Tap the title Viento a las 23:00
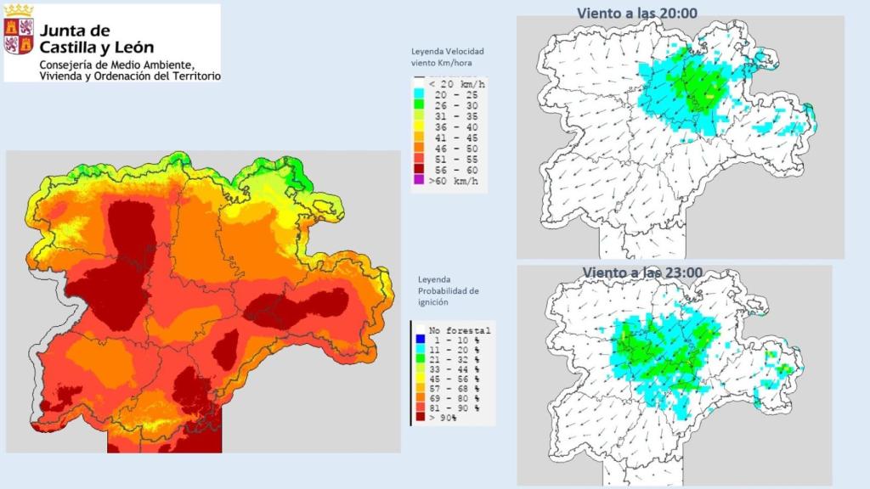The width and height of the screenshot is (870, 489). (x=643, y=271)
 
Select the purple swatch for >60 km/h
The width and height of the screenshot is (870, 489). (x=419, y=181)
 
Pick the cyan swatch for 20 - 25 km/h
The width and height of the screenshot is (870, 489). (x=419, y=96)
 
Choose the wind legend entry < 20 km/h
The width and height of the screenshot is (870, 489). (x=455, y=84)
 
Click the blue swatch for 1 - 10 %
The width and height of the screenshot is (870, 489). (x=419, y=340)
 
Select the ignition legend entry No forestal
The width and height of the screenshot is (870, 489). (x=459, y=329)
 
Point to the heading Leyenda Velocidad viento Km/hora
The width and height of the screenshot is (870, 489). (x=447, y=57)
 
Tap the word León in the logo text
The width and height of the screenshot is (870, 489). (x=133, y=48)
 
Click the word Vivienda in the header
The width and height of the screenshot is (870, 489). (x=62, y=76)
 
